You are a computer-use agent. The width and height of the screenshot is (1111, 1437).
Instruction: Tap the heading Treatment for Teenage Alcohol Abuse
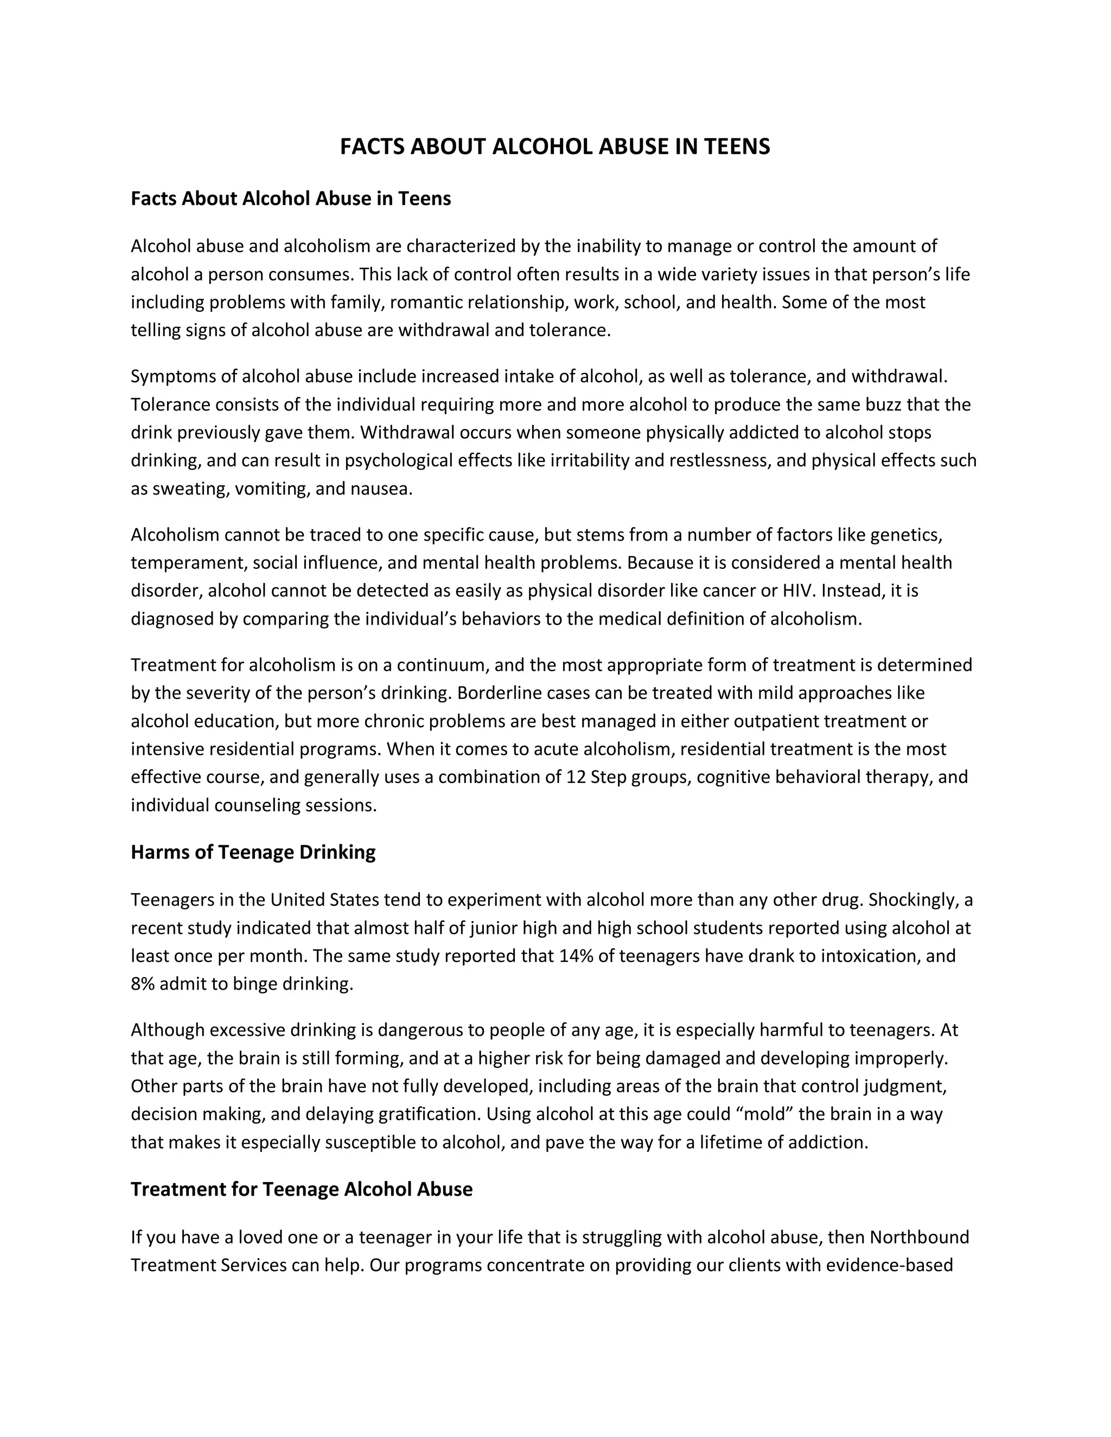[x=302, y=1189]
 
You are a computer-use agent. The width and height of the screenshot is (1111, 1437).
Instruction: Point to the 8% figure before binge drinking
[x=142, y=984]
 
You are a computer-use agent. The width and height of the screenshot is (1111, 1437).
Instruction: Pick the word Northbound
[x=920, y=1237]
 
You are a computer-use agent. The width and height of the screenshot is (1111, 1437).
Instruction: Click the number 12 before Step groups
[x=574, y=777]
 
